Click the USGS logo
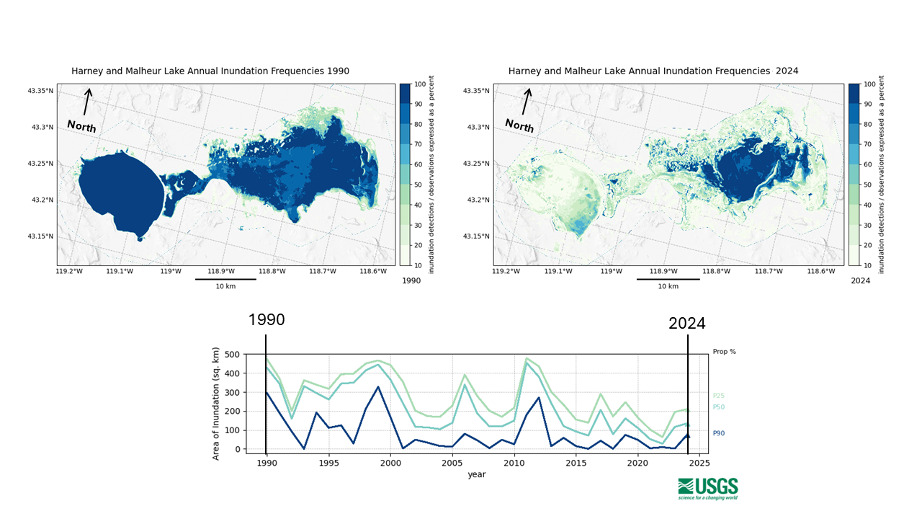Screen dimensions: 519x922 point(707,488)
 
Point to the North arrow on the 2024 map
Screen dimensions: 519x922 point(526,102)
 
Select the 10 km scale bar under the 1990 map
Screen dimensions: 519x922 point(225,279)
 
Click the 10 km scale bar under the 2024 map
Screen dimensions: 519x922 point(668,279)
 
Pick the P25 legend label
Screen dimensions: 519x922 point(719,395)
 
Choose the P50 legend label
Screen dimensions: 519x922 point(719,407)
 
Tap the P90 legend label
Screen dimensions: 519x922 point(719,433)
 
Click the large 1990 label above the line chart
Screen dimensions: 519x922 point(267,320)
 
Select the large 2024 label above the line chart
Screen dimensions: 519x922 point(686,324)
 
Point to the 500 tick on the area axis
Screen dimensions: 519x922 point(231,355)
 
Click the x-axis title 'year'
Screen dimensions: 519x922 point(476,474)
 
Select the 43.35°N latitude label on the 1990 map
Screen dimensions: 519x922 point(40,91)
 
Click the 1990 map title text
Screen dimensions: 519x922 point(210,71)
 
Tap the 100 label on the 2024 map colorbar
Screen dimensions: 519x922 point(869,84)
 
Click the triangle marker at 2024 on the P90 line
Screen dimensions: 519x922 point(687,435)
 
